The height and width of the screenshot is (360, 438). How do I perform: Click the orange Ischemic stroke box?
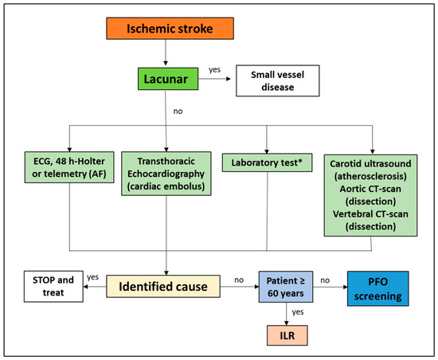[x=170, y=28]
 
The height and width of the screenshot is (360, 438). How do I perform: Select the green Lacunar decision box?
[x=168, y=79]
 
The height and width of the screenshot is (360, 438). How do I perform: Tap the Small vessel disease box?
[x=278, y=80]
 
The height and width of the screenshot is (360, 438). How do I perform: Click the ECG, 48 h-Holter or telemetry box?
[x=69, y=167]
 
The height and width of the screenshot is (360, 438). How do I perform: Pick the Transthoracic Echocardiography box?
[x=166, y=174]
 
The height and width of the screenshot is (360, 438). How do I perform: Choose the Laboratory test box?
[x=267, y=162]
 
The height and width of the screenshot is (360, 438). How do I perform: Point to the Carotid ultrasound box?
[x=370, y=195]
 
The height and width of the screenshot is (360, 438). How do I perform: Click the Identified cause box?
[x=163, y=286]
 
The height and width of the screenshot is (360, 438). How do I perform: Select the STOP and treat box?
[x=53, y=286]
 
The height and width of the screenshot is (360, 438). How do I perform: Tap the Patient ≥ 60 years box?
[x=286, y=287]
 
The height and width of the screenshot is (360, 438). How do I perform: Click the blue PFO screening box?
[x=378, y=288]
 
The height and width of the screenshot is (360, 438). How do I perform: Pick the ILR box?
[x=287, y=335]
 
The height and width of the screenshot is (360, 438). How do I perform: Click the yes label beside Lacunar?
[x=214, y=70]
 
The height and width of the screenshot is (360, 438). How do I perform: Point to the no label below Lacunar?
[x=178, y=112]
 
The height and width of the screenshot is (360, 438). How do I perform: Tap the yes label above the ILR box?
[x=298, y=312]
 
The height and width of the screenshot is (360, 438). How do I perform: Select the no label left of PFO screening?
[x=325, y=280]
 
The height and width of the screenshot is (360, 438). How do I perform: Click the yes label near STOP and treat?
[x=92, y=277]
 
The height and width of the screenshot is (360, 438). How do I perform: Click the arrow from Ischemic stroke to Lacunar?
[x=166, y=53]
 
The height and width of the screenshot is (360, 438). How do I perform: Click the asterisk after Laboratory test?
[x=300, y=161]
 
